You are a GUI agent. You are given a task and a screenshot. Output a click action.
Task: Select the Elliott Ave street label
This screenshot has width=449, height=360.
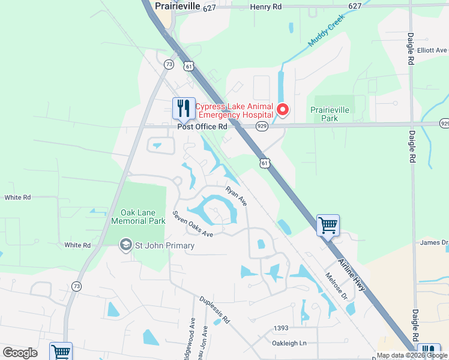point(433,50)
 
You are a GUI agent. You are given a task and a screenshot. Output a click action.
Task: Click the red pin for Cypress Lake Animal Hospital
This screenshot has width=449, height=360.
point(282,110)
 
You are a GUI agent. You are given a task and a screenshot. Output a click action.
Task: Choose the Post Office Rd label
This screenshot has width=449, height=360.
point(202,127)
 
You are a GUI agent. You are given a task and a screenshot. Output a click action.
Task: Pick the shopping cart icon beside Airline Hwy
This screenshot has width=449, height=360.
point(328,226)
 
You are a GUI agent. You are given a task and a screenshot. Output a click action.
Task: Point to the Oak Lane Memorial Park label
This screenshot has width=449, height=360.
point(138,217)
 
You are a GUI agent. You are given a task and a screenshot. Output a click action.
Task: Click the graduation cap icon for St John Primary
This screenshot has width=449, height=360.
point(125,245)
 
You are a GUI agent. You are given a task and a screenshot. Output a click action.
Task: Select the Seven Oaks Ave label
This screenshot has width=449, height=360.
point(193,223)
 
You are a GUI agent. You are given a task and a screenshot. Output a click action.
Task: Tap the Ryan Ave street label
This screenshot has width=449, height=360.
point(236,196)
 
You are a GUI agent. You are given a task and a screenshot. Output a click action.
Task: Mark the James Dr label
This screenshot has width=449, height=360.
point(434,242)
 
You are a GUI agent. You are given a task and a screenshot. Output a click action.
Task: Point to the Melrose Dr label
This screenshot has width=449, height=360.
point(337,288)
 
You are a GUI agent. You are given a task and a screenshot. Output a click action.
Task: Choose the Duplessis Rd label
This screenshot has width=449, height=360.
point(214,310)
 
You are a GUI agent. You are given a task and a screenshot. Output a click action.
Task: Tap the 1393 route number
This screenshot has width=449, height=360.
point(282,328)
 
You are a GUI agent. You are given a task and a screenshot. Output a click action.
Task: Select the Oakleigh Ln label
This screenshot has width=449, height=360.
point(289,343)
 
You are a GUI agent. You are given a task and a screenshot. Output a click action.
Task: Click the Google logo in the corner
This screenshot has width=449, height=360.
point(20,353)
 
